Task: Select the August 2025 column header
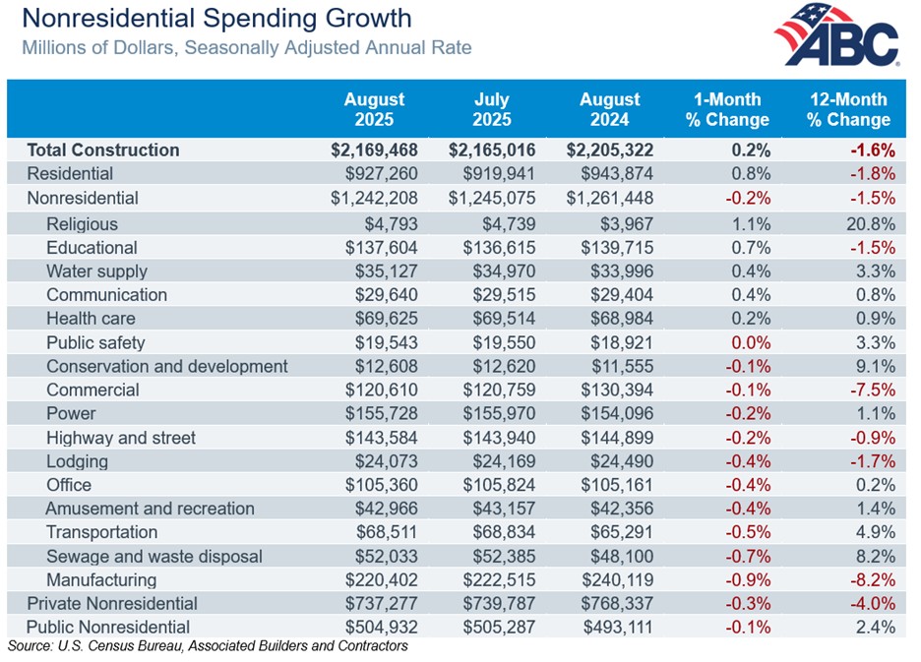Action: [x=374, y=109]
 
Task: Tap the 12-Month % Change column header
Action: [x=847, y=109]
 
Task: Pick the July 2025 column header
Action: [x=492, y=109]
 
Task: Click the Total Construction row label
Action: [x=103, y=150]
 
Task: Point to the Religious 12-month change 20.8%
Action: [x=873, y=224]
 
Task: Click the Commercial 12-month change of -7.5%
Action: [x=873, y=390]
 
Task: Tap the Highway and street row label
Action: [x=120, y=438]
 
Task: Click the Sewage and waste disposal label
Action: [x=153, y=556]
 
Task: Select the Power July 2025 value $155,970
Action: [x=501, y=413]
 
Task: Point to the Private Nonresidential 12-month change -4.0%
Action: [x=873, y=603]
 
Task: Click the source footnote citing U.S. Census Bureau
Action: [x=207, y=646]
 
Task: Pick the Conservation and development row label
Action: [x=166, y=366]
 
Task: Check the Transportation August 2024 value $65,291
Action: [x=619, y=532]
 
